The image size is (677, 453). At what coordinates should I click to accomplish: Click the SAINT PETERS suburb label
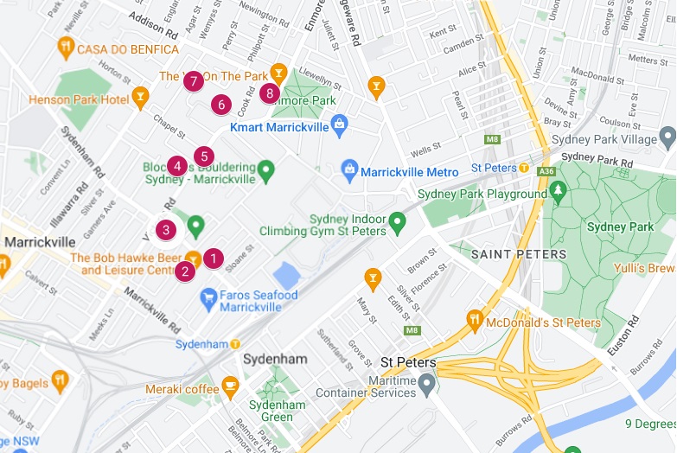coord(519,254)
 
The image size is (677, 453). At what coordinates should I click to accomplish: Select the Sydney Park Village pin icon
coord(667,137)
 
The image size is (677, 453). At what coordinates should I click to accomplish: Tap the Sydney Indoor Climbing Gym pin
coord(397,221)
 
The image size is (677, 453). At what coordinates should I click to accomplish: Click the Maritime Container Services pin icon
coord(426,382)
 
